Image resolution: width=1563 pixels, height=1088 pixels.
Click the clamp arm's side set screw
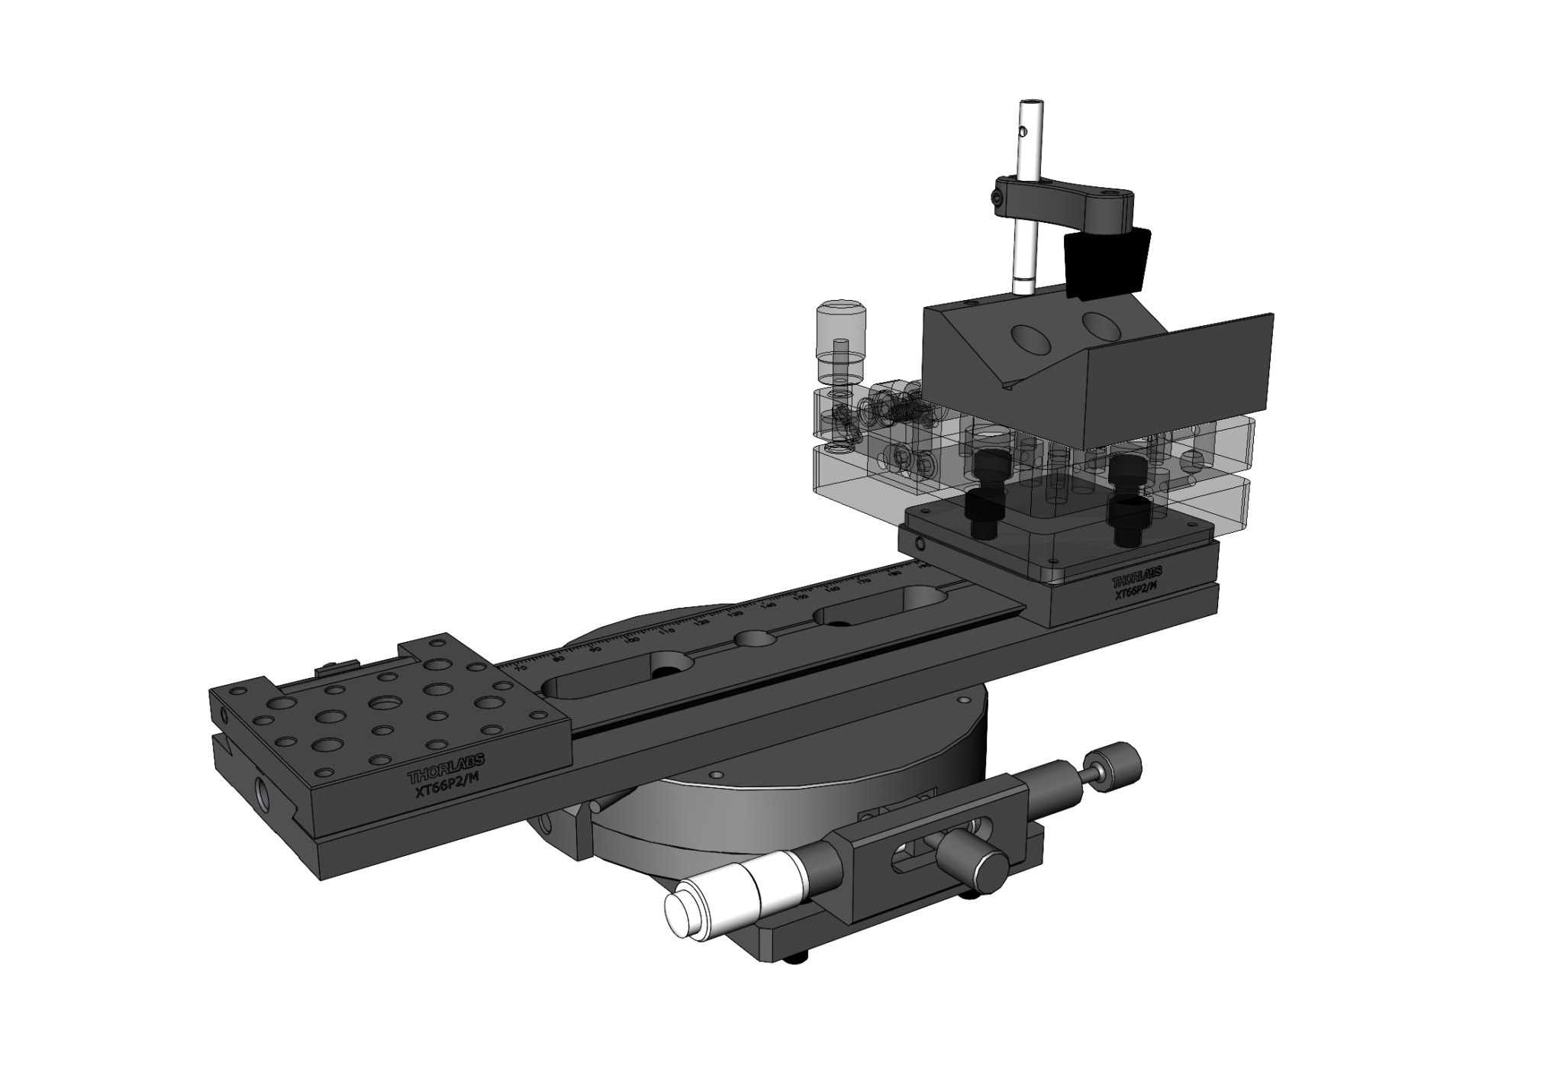(x=1003, y=200)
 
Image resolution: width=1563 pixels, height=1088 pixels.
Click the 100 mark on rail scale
(x=633, y=640)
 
